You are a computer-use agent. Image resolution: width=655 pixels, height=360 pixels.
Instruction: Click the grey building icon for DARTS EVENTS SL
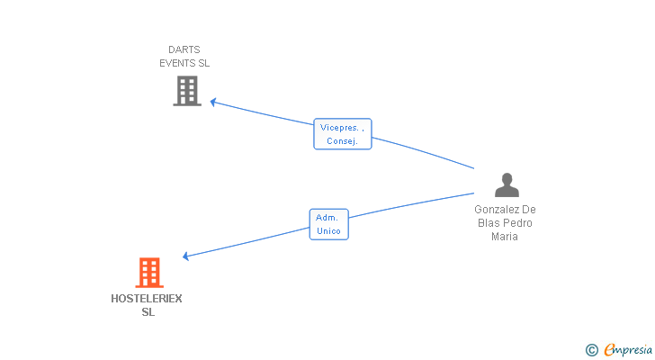[186, 91]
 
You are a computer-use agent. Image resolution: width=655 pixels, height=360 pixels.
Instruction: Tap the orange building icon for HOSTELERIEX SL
[149, 272]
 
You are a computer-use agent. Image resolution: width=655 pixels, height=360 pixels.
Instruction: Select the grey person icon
[507, 184]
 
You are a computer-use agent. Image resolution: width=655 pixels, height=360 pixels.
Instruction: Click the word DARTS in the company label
[184, 49]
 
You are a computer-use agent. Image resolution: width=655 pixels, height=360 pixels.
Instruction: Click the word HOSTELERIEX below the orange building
[147, 299]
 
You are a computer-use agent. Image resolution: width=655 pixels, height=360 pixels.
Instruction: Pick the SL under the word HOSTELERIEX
[148, 312]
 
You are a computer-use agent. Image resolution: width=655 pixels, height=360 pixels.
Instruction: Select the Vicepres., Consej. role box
[343, 134]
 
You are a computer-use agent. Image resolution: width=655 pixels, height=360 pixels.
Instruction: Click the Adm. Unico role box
[328, 224]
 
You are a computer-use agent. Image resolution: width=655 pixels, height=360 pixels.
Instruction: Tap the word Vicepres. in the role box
[341, 128]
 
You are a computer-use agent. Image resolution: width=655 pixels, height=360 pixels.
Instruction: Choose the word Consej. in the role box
[343, 141]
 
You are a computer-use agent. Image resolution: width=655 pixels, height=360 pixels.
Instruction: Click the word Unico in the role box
[328, 231]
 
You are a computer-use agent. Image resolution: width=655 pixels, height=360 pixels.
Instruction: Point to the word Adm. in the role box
[327, 218]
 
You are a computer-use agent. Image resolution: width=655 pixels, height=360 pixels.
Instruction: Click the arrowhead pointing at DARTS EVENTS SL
[213, 102]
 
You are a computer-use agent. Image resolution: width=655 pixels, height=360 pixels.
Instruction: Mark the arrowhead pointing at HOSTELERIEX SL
[186, 256]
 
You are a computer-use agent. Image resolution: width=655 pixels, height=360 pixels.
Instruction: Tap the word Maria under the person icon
[505, 237]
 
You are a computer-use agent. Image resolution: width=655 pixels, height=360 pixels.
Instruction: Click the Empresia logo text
[628, 349]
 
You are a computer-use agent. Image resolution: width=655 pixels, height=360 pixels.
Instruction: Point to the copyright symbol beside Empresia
[591, 349]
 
